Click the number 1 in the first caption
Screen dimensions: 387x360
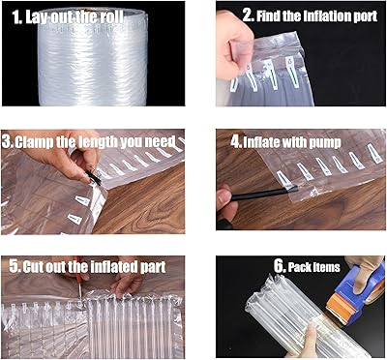[x=16, y=17]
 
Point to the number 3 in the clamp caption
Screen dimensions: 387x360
[x=7, y=141]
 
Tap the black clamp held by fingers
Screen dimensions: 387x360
[x=94, y=178]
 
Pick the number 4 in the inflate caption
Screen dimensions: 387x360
[x=236, y=142]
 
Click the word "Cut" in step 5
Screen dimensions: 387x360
[x=35, y=267]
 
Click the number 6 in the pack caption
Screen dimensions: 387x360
[x=279, y=267]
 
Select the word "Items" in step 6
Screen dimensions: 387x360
[x=328, y=267]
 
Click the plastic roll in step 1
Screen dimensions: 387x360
[x=93, y=57]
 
